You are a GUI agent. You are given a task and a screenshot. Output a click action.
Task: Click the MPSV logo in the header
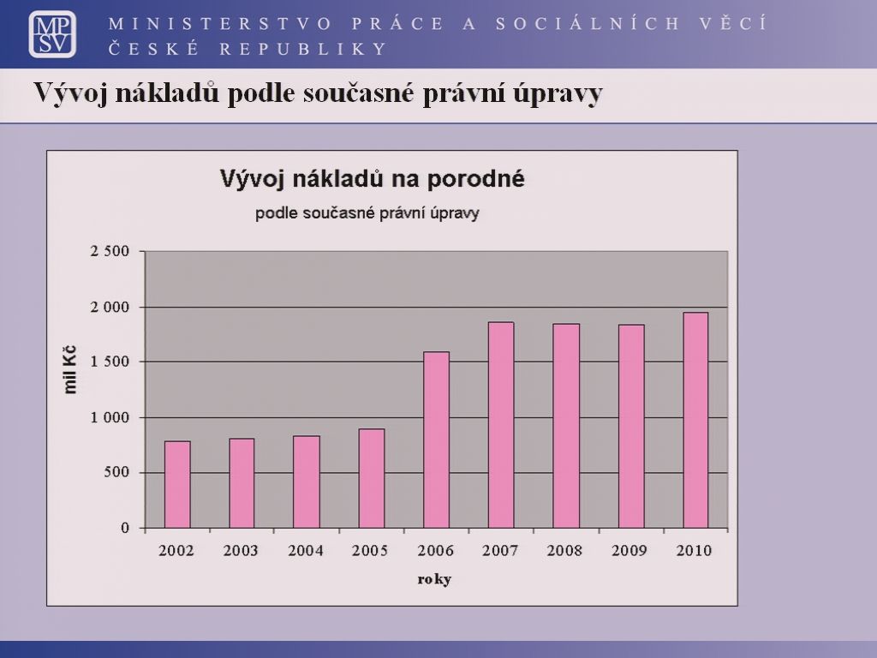pyautogui.click(x=52, y=34)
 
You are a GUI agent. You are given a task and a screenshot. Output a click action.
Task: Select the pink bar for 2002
pyautogui.click(x=177, y=485)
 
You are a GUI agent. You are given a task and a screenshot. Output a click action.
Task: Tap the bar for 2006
pyautogui.click(x=436, y=440)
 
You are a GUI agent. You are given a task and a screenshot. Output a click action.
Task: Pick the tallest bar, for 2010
pyautogui.click(x=695, y=420)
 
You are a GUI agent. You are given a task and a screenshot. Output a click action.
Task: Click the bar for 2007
pyautogui.click(x=501, y=425)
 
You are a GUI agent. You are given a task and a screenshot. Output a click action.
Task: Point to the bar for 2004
pyautogui.click(x=307, y=482)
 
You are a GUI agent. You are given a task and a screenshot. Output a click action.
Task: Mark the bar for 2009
pyautogui.click(x=631, y=427)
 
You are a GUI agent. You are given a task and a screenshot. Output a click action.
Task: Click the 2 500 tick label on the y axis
pyautogui.click(x=110, y=251)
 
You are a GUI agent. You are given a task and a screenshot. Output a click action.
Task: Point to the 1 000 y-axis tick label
pyautogui.click(x=110, y=417)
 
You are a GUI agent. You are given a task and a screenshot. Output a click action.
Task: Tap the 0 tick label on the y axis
pyautogui.click(x=125, y=528)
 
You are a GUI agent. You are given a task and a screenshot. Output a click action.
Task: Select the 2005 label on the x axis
pyautogui.click(x=370, y=551)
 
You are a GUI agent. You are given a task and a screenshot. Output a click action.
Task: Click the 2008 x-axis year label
pyautogui.click(x=564, y=551)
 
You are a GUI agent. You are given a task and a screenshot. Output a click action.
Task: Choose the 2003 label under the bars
pyautogui.click(x=241, y=551)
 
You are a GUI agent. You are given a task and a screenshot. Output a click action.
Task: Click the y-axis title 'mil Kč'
pyautogui.click(x=70, y=370)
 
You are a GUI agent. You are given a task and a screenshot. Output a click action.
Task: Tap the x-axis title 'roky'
pyautogui.click(x=434, y=580)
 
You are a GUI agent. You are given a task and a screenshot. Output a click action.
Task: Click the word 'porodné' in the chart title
pyautogui.click(x=476, y=179)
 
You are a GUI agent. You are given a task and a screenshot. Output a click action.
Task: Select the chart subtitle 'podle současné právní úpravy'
pyautogui.click(x=367, y=213)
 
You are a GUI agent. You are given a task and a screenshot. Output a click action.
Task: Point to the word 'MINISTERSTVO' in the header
pyautogui.click(x=221, y=23)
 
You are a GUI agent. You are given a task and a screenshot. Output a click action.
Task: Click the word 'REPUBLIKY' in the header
pyautogui.click(x=303, y=49)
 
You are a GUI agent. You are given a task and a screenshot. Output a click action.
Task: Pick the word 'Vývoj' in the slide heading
pyautogui.click(x=70, y=93)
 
